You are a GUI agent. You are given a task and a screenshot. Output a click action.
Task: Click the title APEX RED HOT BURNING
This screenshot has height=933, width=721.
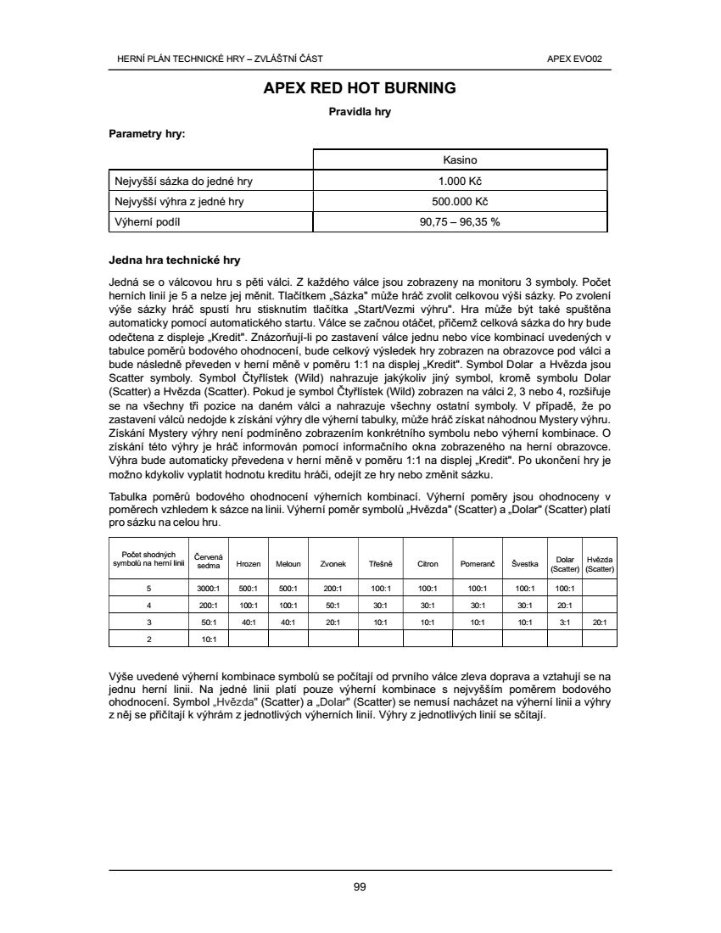(x=360, y=88)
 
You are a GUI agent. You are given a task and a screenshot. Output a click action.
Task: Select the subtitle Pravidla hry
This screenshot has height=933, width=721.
(x=360, y=111)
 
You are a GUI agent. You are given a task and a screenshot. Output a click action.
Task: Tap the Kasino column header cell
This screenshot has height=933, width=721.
(x=460, y=159)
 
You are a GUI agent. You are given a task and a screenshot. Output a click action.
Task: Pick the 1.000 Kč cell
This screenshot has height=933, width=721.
(x=460, y=181)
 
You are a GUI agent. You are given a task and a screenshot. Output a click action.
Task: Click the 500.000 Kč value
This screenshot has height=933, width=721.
(x=460, y=201)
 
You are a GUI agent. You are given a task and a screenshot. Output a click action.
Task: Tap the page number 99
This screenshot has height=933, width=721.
(x=360, y=886)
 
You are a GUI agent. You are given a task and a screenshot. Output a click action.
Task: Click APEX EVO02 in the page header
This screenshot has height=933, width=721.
(x=581, y=59)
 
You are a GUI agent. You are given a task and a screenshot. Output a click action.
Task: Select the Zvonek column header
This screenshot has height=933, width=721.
(x=333, y=563)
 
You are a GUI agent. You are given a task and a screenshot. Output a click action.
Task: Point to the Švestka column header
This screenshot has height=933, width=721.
(x=525, y=563)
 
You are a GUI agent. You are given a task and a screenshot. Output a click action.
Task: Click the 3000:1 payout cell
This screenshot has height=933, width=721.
(x=209, y=588)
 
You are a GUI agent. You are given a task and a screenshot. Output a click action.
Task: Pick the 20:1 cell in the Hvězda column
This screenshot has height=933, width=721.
(x=600, y=622)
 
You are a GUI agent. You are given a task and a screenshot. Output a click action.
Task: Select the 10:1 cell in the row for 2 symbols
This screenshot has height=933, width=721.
(x=209, y=639)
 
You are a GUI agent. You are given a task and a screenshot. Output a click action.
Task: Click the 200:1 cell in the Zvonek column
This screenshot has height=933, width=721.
(x=333, y=588)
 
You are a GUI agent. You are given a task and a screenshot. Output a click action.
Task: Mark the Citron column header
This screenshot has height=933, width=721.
(x=428, y=563)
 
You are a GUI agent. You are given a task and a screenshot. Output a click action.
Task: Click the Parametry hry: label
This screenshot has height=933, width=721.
(x=148, y=133)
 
